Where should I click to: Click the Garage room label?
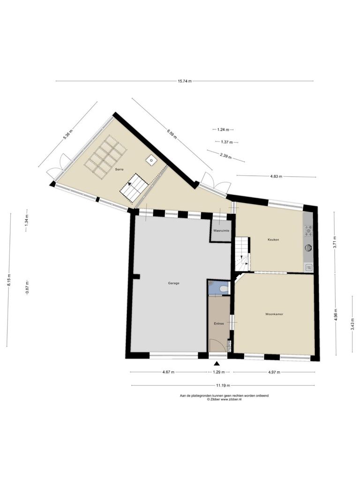tap(173, 283)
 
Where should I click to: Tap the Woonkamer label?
tap(274, 314)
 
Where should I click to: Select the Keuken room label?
tap(273, 240)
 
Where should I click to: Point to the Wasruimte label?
tap(222, 230)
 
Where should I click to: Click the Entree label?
tap(219, 323)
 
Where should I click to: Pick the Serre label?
tap(120, 169)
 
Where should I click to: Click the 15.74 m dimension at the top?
tap(185, 81)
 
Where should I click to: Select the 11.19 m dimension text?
tap(223, 385)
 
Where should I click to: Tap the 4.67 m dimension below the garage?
tap(168, 372)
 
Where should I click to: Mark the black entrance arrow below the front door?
tap(217, 363)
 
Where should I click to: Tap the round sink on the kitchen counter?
tap(308, 247)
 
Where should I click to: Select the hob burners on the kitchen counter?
tap(308, 231)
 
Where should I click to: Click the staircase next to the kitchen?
tap(242, 255)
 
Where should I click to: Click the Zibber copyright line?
tap(225, 399)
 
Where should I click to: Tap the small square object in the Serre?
tap(151, 159)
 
